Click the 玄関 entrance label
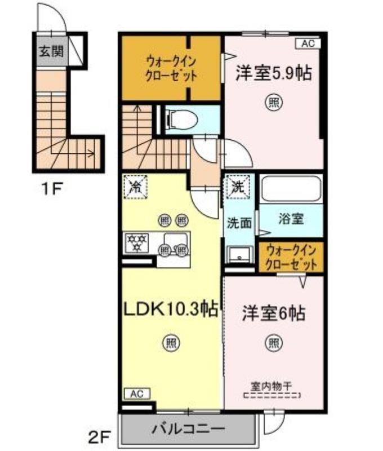51,51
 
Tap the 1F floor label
52,189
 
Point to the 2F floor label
100,438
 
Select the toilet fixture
181,120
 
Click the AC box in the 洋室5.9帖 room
308,44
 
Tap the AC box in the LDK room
137,393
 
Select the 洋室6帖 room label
274,313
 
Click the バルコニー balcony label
188,430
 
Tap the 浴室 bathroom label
291,219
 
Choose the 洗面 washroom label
239,223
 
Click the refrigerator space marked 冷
135,187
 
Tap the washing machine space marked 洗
238,187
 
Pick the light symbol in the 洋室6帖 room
273,343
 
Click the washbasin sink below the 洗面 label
239,255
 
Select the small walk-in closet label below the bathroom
291,257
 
